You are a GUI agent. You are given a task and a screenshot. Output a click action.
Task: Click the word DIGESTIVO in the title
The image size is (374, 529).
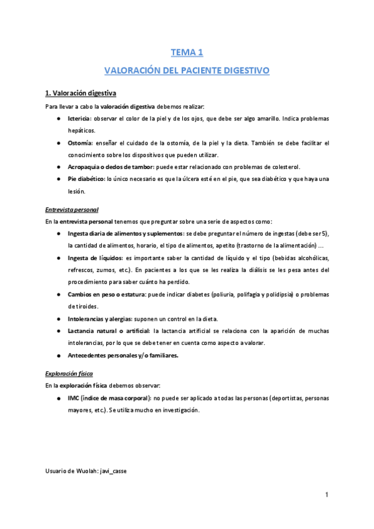click(243, 71)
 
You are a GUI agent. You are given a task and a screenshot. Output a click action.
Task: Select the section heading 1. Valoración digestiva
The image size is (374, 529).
click(81, 94)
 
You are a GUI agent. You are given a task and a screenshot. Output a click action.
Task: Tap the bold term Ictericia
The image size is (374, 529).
click(79, 119)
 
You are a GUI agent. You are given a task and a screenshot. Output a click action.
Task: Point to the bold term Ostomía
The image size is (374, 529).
click(79, 143)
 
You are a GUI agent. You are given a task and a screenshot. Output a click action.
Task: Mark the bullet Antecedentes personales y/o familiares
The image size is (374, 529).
click(123, 356)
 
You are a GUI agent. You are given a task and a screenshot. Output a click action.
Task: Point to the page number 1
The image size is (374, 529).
click(327, 495)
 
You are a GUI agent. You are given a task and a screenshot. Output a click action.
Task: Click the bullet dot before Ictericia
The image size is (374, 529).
click(58, 119)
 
